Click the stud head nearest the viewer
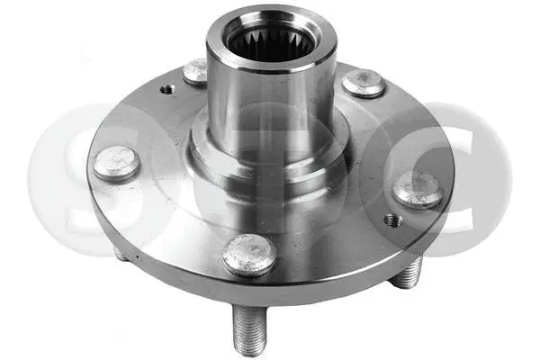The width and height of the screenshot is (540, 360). (248, 255)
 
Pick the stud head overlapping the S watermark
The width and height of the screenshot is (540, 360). (115, 164)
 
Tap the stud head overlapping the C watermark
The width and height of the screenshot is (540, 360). (417, 188)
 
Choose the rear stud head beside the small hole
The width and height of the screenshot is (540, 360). (195, 71)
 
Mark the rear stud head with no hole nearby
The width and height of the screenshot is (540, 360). (363, 83)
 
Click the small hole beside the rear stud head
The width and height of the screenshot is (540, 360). (167, 88)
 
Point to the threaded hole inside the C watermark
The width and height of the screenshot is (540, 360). (390, 220)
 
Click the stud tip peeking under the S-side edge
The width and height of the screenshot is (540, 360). (121, 254)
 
